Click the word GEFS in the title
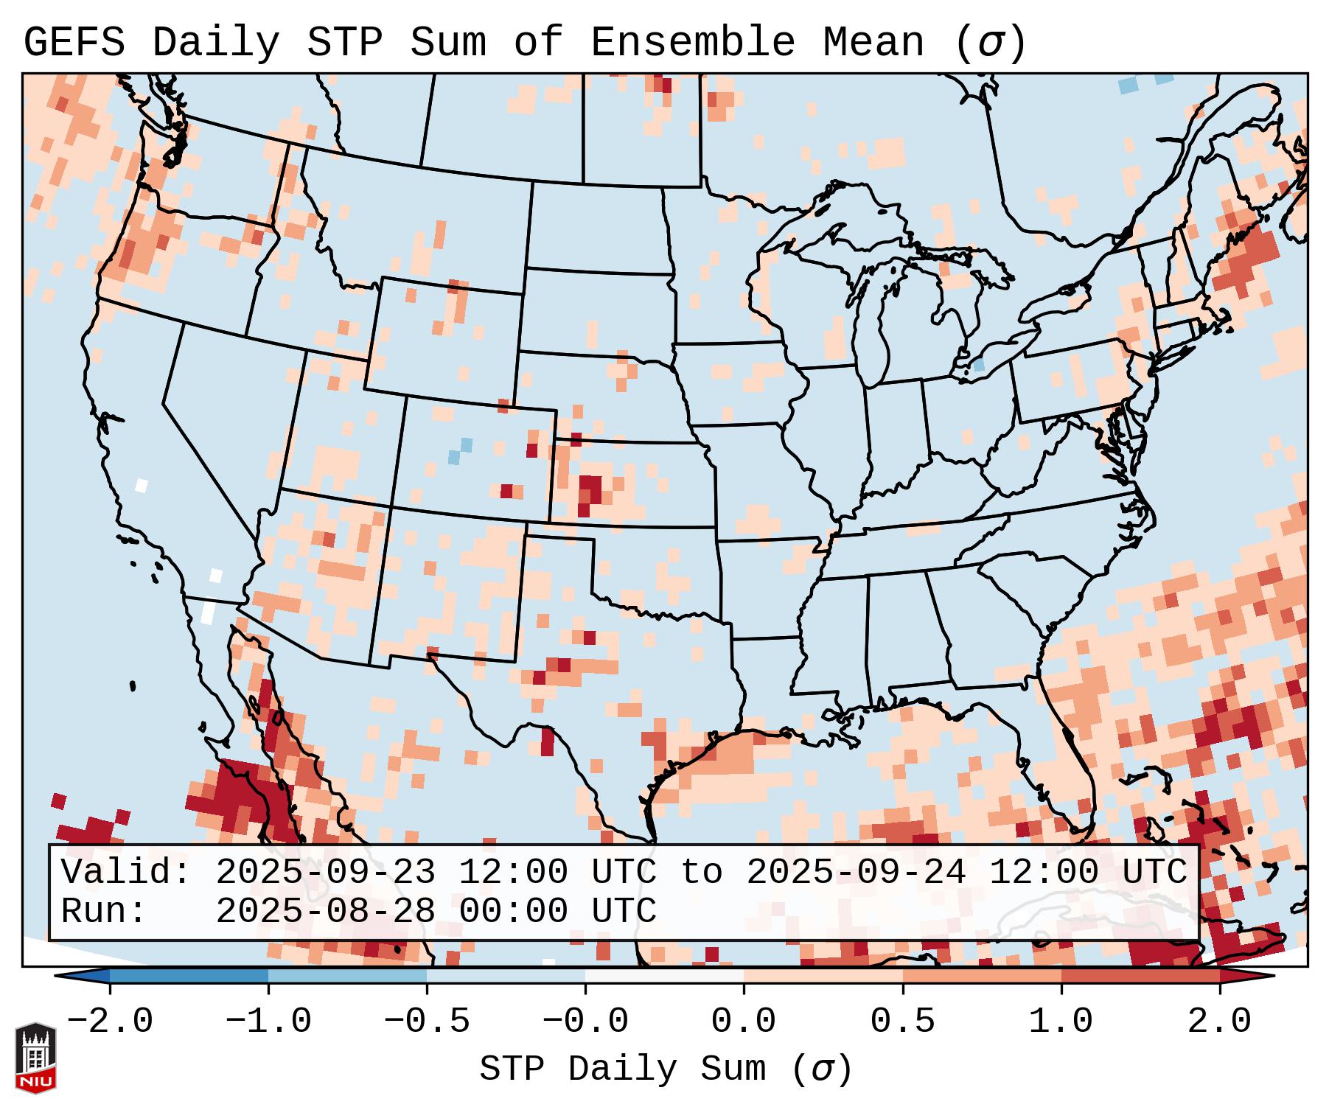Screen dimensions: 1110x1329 tap(74, 43)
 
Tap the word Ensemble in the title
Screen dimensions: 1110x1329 tap(692, 43)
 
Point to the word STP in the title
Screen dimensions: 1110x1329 tap(344, 43)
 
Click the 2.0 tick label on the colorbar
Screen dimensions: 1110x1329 tap(1219, 1022)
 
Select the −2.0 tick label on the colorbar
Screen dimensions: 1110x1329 tap(110, 1022)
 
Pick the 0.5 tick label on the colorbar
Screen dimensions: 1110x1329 tap(902, 1022)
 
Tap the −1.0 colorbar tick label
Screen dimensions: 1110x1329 tap(268, 1022)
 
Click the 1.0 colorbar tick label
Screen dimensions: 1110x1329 tap(1061, 1022)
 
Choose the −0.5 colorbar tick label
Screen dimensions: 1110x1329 tap(427, 1022)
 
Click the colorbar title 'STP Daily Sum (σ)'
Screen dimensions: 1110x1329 tap(666, 1069)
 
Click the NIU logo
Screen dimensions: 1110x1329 tap(35, 1058)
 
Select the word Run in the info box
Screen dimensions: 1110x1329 tap(102, 912)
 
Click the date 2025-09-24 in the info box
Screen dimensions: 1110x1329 tap(856, 873)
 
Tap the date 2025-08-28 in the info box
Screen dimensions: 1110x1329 tap(325, 912)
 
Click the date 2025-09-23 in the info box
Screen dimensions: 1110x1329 tap(325, 873)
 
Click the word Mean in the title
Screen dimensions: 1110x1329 tap(873, 43)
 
